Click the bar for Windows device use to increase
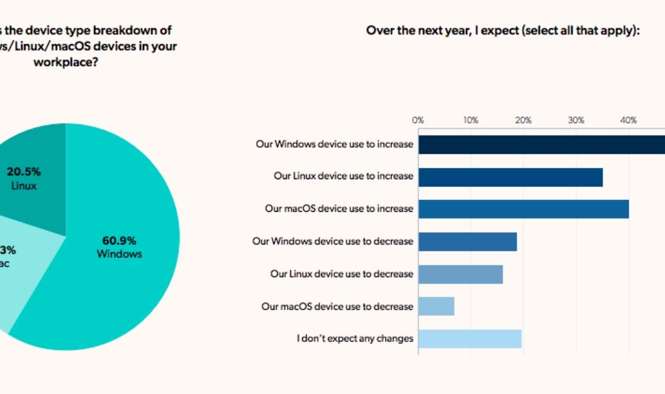pos(542,144)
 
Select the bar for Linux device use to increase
pos(510,177)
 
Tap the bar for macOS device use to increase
pos(523,209)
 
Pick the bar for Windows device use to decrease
pos(467,241)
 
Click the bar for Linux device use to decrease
pos(461,274)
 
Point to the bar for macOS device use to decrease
pos(436,306)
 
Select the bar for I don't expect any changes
pos(470,339)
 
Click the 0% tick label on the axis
pos(418,120)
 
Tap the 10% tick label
pos(470,120)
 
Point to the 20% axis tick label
pos(523,120)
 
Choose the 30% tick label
pos(576,120)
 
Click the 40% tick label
pos(628,120)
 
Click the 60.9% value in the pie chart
pos(119,241)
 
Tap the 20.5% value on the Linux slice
pos(24,172)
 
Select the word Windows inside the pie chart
pos(119,254)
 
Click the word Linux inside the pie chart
pos(24,185)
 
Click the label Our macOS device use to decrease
pos(337,306)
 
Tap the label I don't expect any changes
pos(355,339)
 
